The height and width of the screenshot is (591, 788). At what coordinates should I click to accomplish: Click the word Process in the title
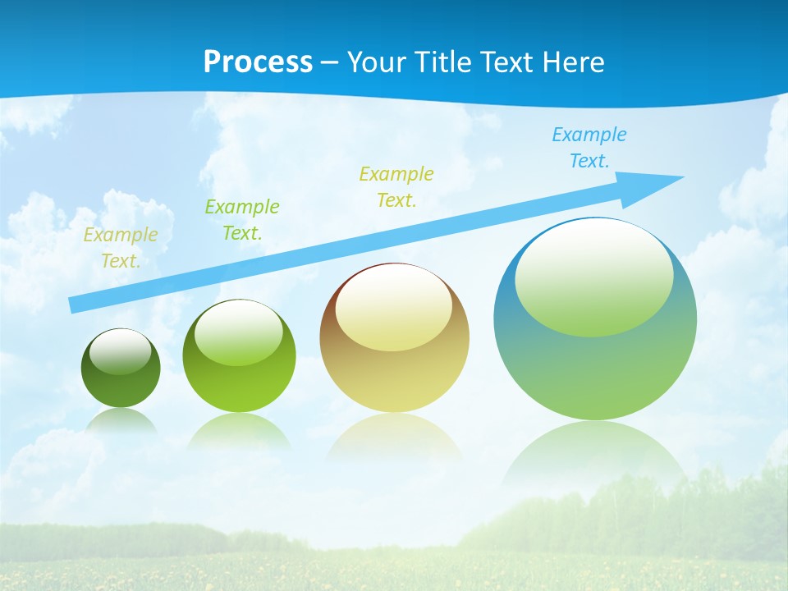pos(258,62)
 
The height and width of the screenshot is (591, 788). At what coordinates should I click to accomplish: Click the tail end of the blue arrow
pos(74,305)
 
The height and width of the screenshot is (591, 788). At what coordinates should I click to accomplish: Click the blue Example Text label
pos(589,148)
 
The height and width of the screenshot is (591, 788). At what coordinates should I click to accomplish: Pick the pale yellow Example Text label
pos(120,248)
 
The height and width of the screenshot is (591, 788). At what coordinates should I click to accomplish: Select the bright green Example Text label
pos(242,220)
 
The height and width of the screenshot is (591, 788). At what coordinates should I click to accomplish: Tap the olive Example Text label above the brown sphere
pos(396,187)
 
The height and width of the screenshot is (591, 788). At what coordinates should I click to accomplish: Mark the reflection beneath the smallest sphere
pos(121,420)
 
